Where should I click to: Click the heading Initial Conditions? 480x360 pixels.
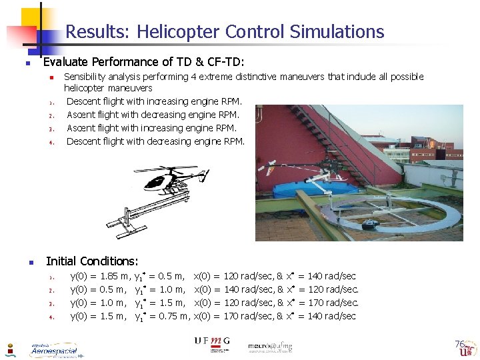point(92,261)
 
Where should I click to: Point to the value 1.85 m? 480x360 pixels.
point(114,276)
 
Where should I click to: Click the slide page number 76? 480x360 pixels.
point(459,344)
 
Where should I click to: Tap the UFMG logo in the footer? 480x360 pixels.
point(211,343)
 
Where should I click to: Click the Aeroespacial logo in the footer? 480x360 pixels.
point(53,349)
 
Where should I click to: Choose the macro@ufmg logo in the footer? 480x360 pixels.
point(269,347)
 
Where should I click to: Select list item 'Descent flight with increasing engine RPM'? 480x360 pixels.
point(154,101)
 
